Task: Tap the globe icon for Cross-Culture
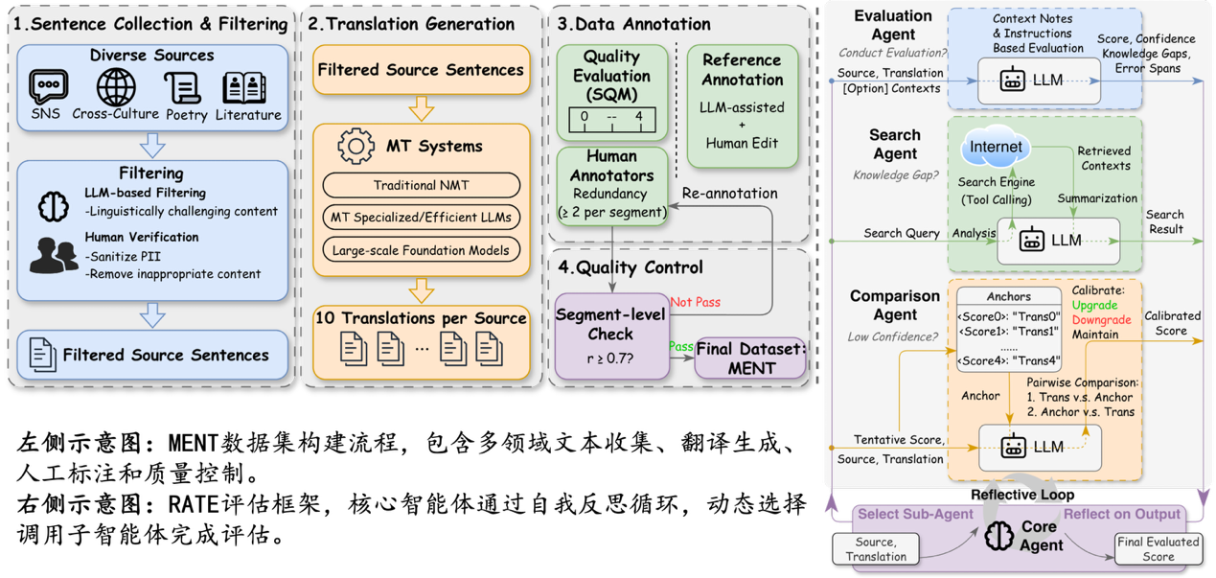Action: coord(115,88)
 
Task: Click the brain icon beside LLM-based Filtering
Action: coord(53,203)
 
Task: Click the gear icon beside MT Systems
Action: coord(356,148)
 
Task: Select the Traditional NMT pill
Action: coord(421,184)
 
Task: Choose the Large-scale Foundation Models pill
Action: coord(421,251)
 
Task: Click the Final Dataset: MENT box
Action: coord(749,358)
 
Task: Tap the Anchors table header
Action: coord(1008,296)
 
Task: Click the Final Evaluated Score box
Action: coord(1158,548)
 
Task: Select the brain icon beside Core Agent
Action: coord(999,536)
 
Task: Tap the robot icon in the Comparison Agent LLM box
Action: coord(1013,447)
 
